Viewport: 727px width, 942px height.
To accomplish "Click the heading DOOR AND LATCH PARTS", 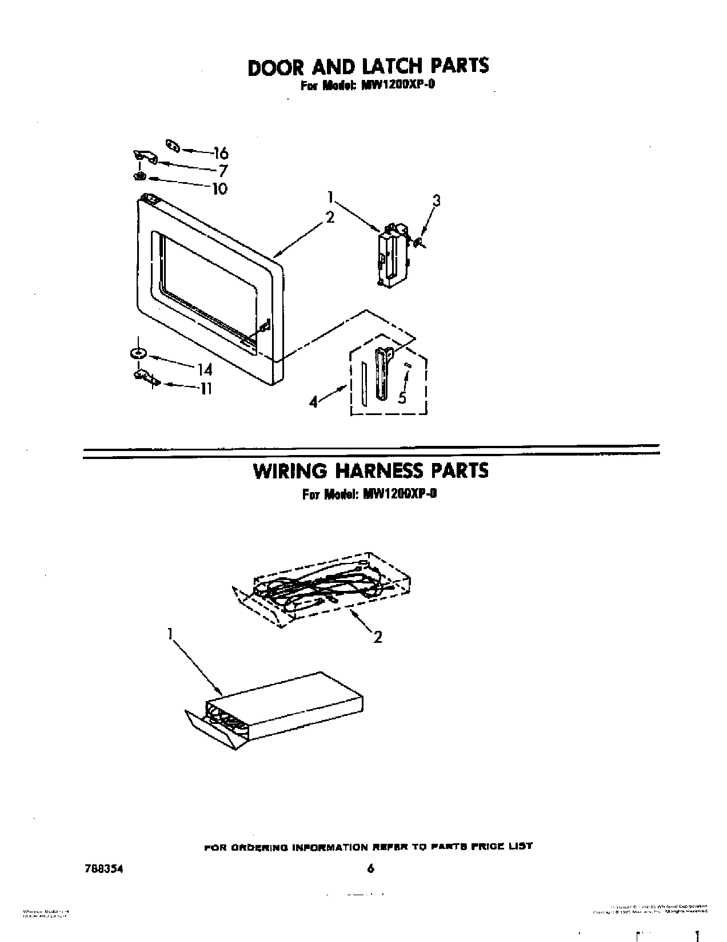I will pos(368,66).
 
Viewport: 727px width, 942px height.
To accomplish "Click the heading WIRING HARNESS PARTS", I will pos(371,470).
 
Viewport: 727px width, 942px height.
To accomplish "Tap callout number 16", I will pos(220,153).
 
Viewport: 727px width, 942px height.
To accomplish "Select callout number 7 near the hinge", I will pos(223,170).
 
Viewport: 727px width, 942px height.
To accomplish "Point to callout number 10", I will pos(219,188).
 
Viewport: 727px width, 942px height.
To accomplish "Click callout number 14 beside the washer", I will pos(205,369).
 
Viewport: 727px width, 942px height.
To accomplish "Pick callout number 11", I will pos(206,389).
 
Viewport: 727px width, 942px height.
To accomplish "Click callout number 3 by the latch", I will pos(436,200).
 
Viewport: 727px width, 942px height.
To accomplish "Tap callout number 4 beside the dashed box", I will pos(313,402).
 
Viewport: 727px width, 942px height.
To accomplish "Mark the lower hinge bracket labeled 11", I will pos(144,377).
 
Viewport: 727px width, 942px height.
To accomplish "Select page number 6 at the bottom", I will pos(370,869).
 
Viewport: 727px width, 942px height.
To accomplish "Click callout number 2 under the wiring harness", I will pos(377,637).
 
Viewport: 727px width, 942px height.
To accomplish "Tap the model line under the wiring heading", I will pos(370,495).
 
